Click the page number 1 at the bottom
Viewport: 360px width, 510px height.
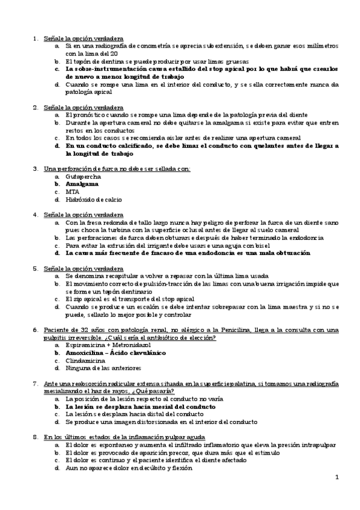click(337, 478)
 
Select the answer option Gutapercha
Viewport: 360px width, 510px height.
click(84, 177)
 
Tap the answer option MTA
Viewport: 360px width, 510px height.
click(73, 192)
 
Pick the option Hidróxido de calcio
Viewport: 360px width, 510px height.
click(93, 199)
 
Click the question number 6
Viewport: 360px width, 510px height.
click(35, 330)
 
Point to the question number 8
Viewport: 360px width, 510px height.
click(35, 437)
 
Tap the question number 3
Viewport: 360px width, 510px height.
click(35, 169)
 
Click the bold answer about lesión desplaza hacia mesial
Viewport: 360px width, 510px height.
click(141, 407)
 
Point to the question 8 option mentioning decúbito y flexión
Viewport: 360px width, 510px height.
click(129, 467)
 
